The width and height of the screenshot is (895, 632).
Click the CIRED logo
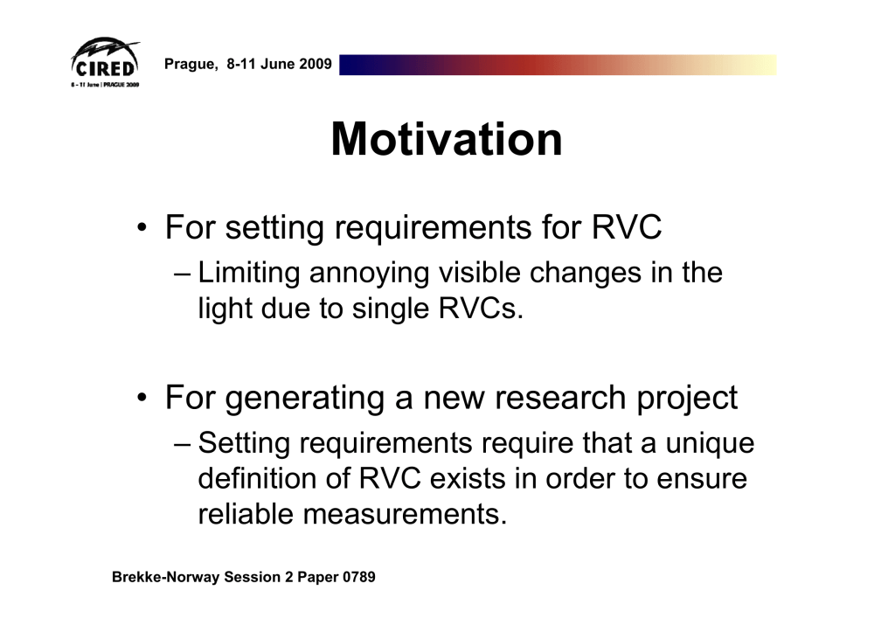[x=105, y=63]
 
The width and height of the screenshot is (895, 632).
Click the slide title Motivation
[x=447, y=139]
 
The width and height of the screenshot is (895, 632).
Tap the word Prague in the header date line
[x=191, y=64]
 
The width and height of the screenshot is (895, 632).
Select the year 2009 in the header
[x=315, y=63]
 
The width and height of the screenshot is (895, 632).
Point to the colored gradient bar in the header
[x=558, y=65]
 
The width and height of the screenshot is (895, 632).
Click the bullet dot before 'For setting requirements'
[x=142, y=228]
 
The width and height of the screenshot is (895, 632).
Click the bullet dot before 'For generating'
[x=142, y=398]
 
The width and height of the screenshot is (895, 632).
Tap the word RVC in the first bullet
[x=626, y=227]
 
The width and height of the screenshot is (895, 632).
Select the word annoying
[x=369, y=274]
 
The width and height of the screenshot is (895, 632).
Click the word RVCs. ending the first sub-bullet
[x=481, y=309]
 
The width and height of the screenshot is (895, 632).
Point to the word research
[x=560, y=398]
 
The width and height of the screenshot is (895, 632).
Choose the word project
[x=687, y=399]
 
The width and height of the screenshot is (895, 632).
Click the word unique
[x=710, y=444]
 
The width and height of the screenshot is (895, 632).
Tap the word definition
[x=258, y=478]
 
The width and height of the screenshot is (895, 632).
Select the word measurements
[x=405, y=514]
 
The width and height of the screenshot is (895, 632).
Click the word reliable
[x=246, y=514]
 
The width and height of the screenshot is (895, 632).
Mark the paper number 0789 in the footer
[x=359, y=577]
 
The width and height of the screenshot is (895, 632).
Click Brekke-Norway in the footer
[x=165, y=577]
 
